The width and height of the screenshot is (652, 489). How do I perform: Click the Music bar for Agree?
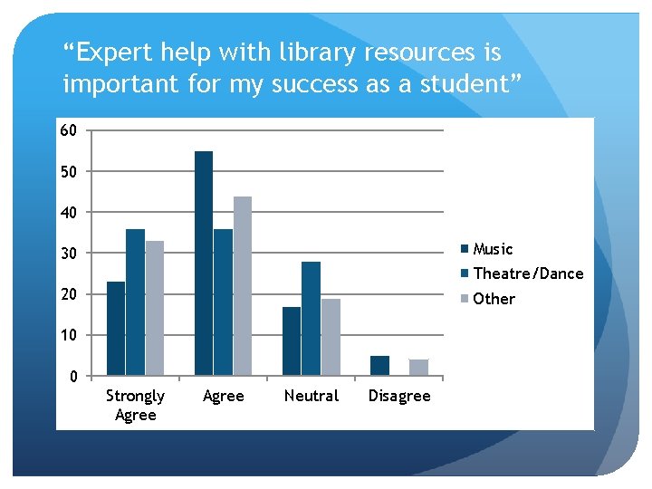[204, 263]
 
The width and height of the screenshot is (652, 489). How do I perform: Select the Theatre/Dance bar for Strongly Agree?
[135, 302]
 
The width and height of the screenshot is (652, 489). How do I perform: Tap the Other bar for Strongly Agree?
[155, 308]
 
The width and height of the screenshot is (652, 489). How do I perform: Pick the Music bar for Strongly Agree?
[116, 328]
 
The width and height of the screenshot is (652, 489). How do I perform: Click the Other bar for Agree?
[243, 285]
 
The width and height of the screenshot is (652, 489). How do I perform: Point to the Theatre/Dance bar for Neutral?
[311, 318]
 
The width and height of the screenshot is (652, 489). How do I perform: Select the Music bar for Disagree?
[379, 365]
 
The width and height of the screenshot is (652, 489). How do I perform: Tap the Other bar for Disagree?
[418, 367]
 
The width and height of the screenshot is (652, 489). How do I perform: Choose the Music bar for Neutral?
[292, 340]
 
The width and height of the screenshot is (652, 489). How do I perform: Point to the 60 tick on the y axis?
[69, 130]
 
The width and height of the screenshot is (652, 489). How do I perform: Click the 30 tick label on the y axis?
[69, 253]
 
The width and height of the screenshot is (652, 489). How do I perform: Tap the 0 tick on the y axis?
[73, 376]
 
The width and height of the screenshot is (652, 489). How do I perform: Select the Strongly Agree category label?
[135, 405]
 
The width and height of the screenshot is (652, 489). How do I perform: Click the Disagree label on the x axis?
[399, 396]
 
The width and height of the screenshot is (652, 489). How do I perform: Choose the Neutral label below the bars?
[312, 396]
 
